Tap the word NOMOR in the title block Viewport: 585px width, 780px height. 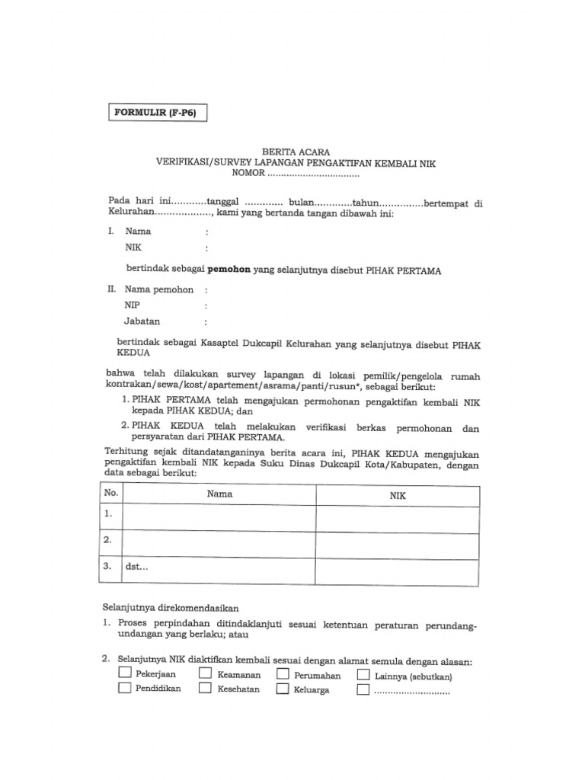[248, 174]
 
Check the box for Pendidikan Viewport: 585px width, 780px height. [124, 689]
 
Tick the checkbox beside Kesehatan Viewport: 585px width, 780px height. [205, 689]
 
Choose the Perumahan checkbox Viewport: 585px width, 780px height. [283, 675]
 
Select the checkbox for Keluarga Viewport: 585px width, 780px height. [283, 689]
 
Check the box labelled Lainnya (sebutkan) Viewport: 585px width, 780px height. [363, 675]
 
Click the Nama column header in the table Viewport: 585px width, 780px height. [219, 494]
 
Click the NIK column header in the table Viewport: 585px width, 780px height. [398, 495]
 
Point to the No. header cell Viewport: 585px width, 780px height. [110, 494]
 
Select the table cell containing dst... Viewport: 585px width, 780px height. [219, 569]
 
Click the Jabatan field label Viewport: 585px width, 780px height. [142, 321]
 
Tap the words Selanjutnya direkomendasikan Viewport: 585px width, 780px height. [171, 608]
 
